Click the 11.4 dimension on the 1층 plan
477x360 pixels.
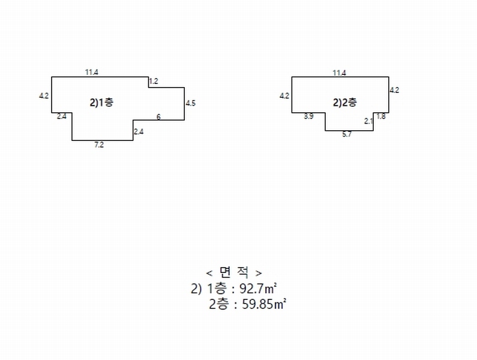click(92, 73)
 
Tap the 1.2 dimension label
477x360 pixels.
click(154, 81)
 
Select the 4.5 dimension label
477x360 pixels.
click(190, 103)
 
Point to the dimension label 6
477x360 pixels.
click(158, 116)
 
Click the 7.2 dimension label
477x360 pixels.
click(99, 145)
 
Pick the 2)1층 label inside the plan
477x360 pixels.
click(101, 103)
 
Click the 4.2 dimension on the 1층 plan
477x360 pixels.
click(44, 96)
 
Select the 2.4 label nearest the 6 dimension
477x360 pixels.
click(139, 131)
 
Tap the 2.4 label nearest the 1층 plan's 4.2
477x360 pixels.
click(62, 116)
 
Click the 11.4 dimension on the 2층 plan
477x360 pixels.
click(339, 73)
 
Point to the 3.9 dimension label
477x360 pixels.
click(308, 116)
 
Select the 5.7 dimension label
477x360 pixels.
click(347, 134)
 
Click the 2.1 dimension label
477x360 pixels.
click(368, 121)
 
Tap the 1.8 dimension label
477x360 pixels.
click(381, 116)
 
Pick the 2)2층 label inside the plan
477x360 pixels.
click(345, 103)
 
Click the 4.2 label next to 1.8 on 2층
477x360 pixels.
click(395, 90)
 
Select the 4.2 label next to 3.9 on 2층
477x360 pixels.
click(284, 96)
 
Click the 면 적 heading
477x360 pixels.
click(234, 272)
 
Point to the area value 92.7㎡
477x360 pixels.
click(258, 289)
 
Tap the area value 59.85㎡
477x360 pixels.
click(264, 304)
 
